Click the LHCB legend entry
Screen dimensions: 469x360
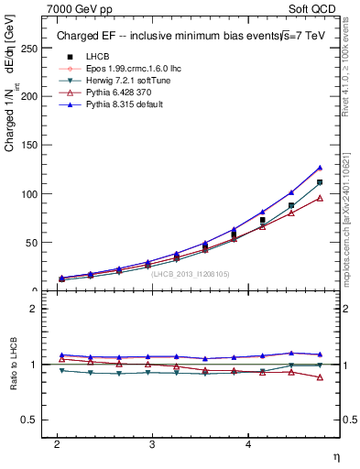(85, 57)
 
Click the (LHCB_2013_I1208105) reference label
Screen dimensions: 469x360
(190, 273)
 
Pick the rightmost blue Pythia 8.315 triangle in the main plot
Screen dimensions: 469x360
(320, 168)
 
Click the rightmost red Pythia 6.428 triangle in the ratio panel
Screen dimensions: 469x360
(320, 376)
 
